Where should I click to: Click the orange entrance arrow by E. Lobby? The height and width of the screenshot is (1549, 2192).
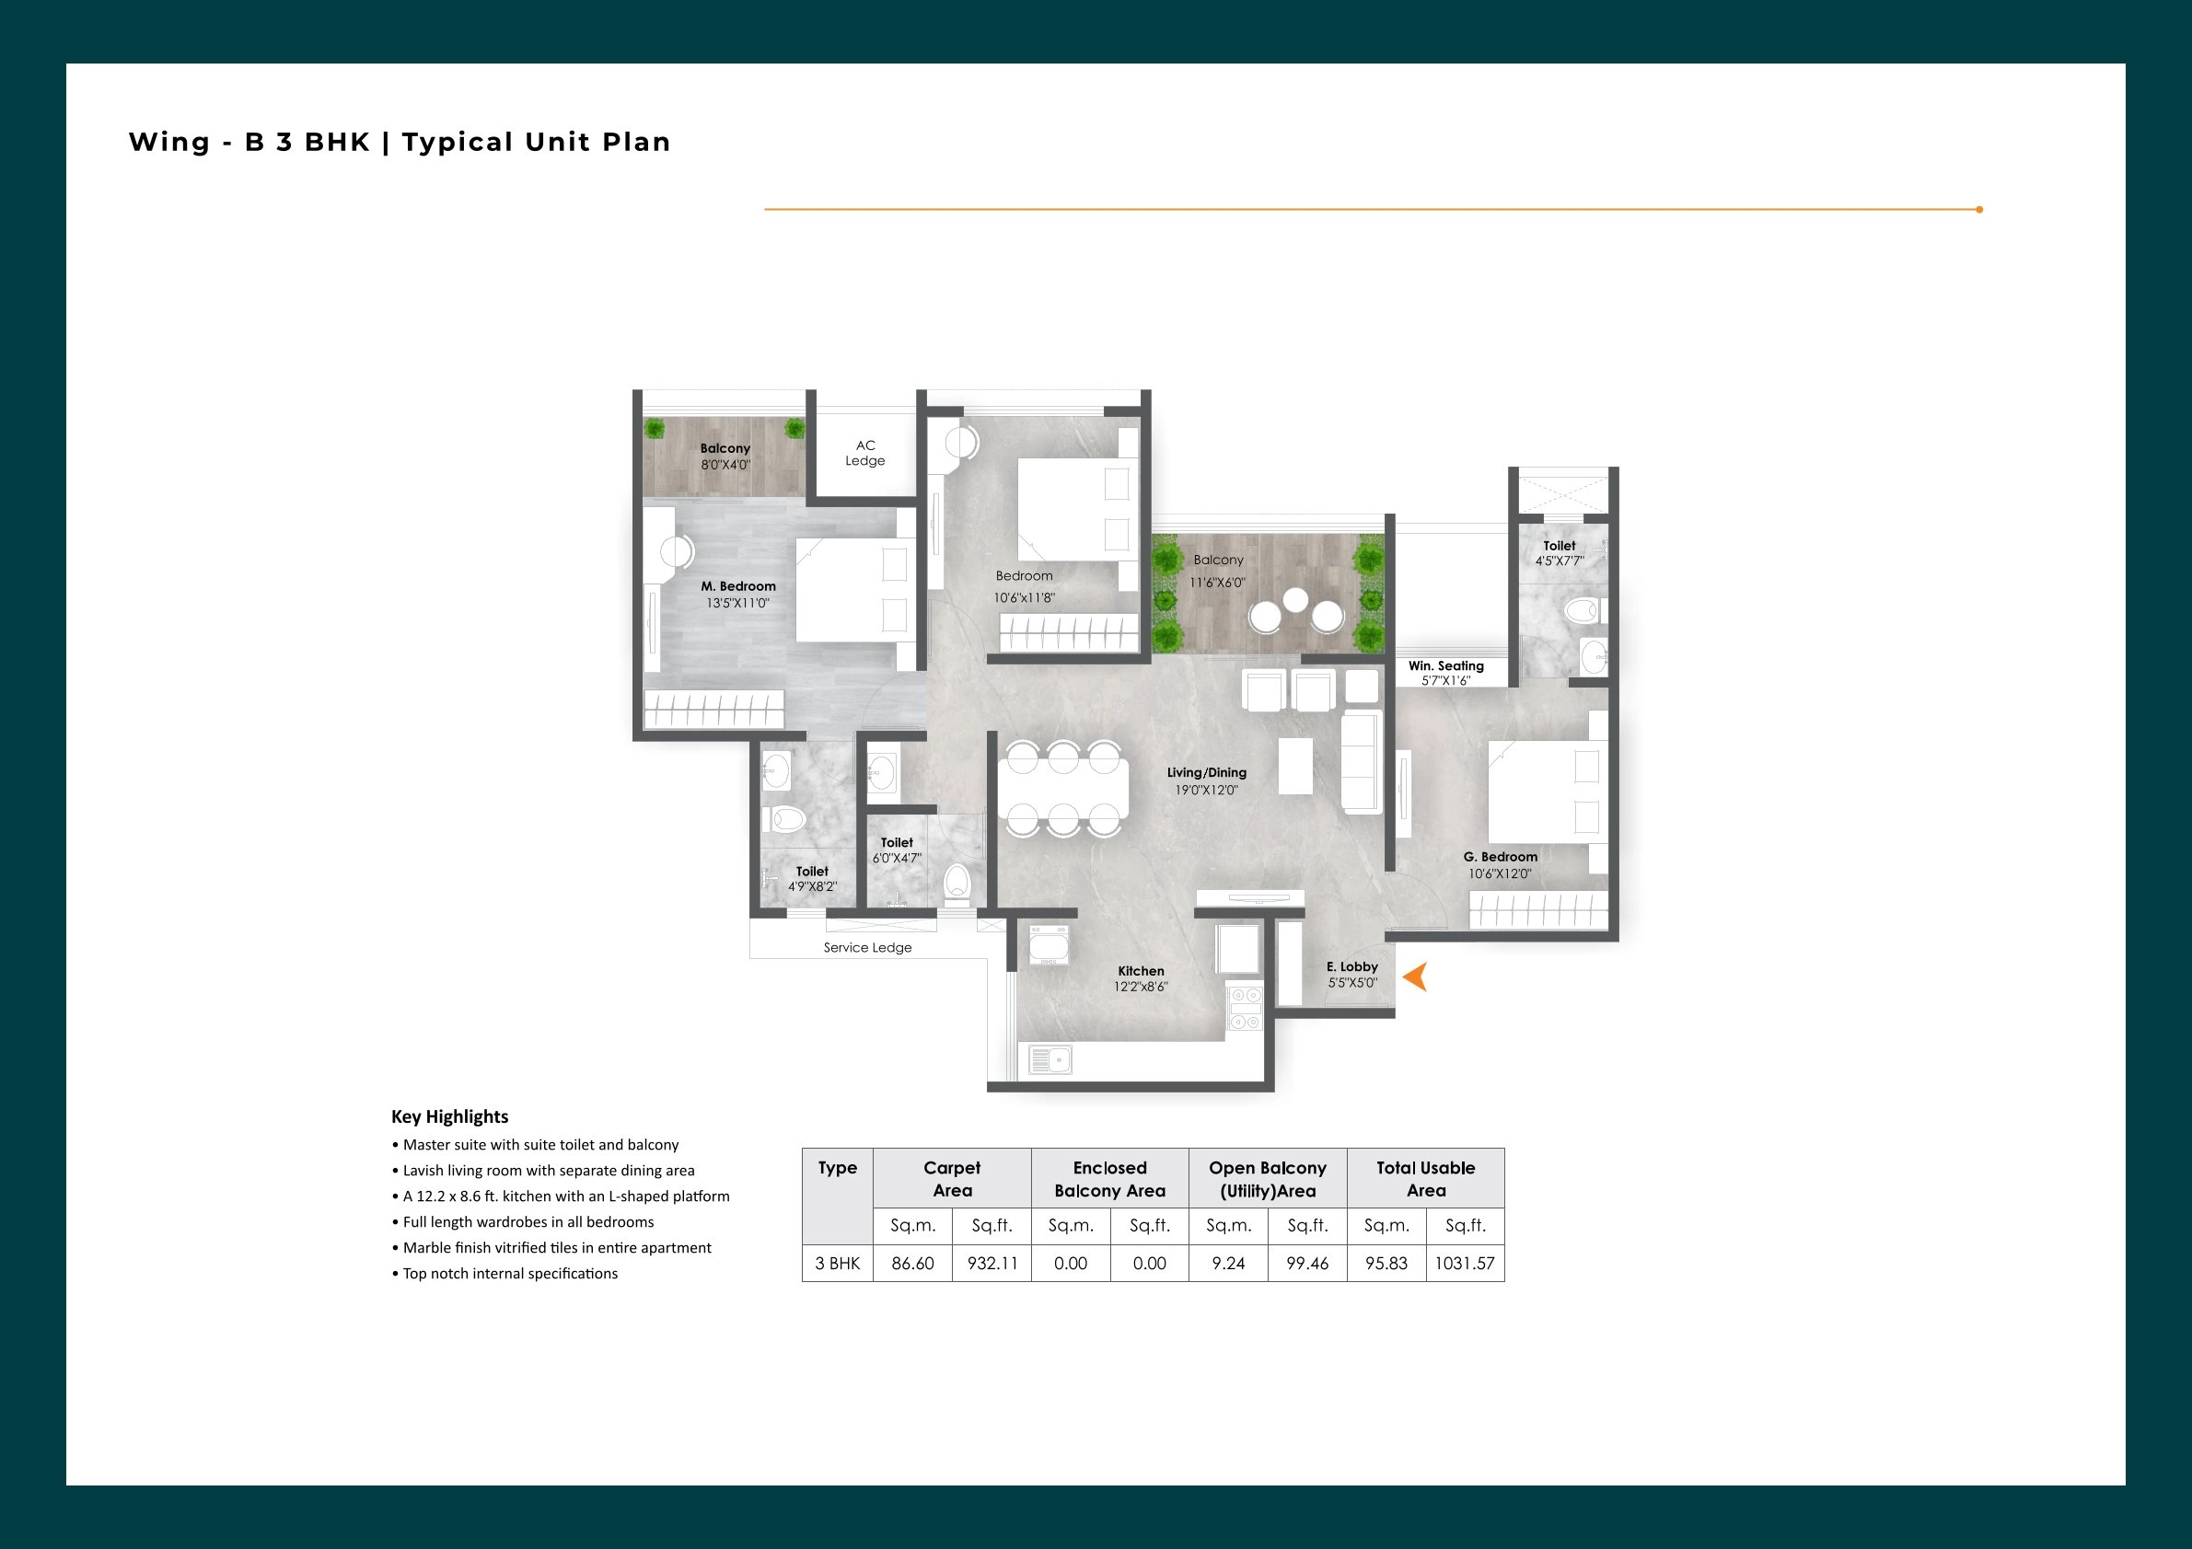point(1416,977)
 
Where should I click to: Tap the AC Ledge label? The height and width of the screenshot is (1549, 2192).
point(865,453)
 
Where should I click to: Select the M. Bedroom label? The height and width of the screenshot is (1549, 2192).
point(738,586)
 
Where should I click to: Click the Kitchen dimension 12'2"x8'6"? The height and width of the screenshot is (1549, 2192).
point(1140,987)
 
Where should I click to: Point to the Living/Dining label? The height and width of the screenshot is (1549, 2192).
point(1206,772)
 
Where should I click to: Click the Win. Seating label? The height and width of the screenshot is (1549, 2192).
point(1445,666)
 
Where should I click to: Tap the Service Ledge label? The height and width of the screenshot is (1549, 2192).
point(867,948)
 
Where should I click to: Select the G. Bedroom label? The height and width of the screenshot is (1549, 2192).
point(1500,857)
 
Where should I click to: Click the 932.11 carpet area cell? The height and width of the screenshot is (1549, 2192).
point(992,1263)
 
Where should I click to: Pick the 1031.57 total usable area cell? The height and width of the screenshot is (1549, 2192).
point(1465,1263)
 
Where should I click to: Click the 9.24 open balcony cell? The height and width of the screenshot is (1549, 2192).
point(1228,1263)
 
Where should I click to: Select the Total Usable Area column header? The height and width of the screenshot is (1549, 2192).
point(1425,1179)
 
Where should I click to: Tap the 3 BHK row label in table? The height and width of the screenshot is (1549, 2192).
point(837,1263)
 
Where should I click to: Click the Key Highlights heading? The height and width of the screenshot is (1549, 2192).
point(449,1116)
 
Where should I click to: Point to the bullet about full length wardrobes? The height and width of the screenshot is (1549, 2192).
point(527,1221)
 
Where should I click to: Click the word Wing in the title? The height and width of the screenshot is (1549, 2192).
point(169,143)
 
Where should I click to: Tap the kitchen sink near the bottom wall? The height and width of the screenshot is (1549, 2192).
point(1051,1059)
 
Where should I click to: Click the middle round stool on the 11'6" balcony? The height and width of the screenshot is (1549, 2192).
point(1294,599)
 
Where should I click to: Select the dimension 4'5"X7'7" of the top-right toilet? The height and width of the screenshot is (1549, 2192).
point(1559,561)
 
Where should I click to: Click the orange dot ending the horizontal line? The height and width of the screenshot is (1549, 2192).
point(1979,209)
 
